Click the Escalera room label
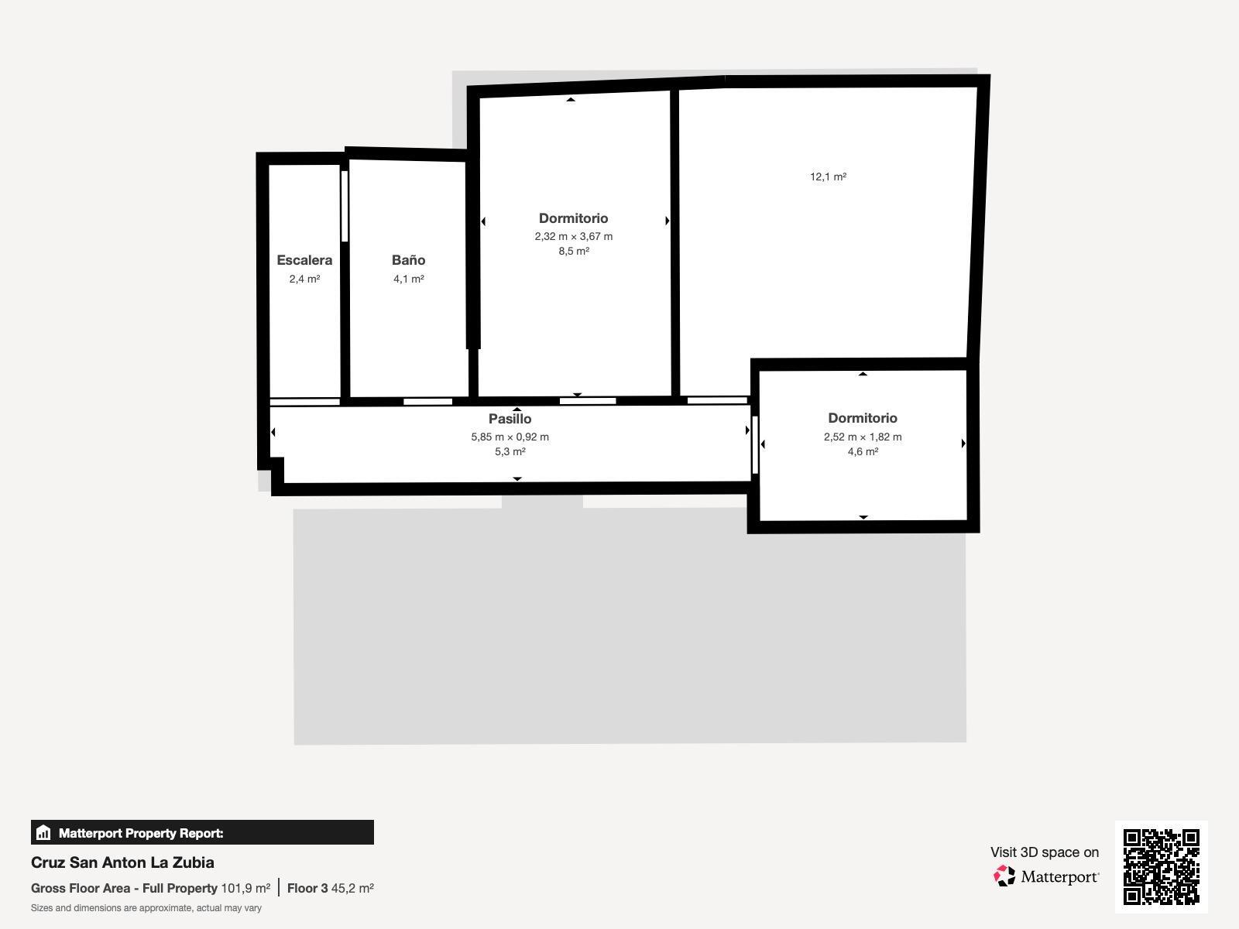pos(304,260)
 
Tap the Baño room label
pos(409,260)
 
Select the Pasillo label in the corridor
pos(510,419)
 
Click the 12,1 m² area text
pos(828,177)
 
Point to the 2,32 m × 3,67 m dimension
pos(574,236)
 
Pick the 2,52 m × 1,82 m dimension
pos(863,437)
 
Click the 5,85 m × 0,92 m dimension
pos(510,437)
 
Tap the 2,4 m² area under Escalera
pos(305,279)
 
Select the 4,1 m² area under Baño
pos(409,279)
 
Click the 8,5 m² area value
pos(574,251)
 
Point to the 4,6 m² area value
pos(863,451)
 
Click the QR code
pos(1161,867)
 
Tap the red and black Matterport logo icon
pos(1004,876)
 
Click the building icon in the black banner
pos(43,832)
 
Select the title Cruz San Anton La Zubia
pos(122,862)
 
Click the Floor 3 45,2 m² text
pos(330,889)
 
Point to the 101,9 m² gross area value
pos(245,889)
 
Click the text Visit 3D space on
pos(1045,852)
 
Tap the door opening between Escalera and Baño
pos(345,206)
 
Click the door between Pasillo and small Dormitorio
pos(755,445)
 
